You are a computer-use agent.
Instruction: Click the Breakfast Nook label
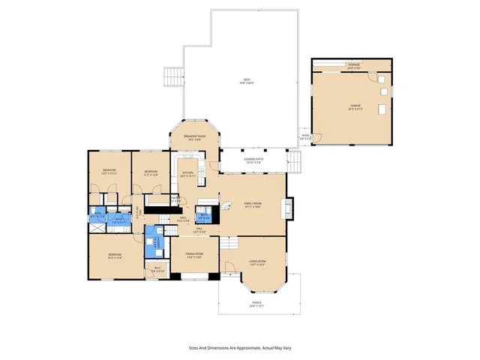193,136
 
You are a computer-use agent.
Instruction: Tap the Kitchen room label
187,174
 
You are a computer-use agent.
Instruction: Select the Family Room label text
251,205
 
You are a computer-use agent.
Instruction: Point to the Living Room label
257,262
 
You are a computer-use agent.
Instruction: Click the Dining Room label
194,256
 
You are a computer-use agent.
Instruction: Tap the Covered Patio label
253,160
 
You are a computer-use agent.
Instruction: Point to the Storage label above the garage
353,65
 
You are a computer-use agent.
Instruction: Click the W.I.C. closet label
158,269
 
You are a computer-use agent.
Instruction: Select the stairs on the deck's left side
175,76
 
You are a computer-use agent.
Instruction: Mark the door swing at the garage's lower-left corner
318,137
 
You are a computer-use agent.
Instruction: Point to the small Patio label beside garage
304,136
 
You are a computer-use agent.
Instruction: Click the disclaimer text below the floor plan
240,348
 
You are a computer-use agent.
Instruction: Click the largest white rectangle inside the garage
383,111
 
